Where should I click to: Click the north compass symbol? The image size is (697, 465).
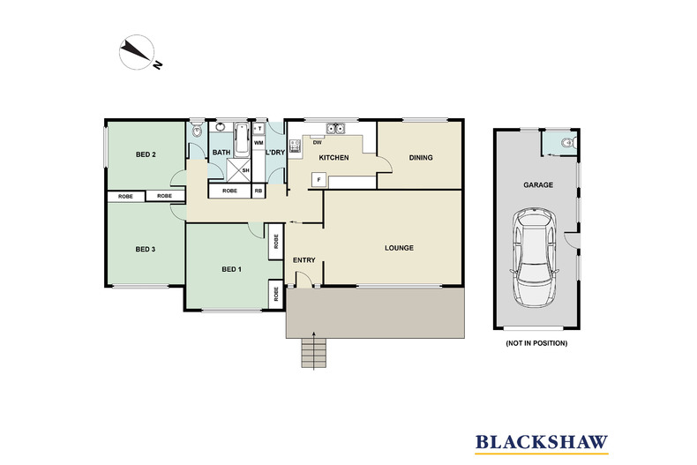tap(139, 53)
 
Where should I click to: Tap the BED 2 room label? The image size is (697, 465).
tap(146, 154)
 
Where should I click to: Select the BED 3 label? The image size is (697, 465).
tap(146, 250)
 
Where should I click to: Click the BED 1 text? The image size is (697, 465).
tap(231, 269)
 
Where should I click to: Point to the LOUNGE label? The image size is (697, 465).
tap(399, 248)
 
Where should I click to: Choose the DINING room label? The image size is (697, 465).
tap(421, 157)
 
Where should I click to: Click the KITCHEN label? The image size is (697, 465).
tap(334, 157)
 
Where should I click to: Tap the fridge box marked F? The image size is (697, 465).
tap(319, 180)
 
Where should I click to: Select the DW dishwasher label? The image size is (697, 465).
tap(318, 143)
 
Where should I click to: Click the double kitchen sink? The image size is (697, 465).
tap(335, 129)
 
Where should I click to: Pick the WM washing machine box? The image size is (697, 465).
tap(259, 143)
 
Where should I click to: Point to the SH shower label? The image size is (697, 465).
tap(245, 170)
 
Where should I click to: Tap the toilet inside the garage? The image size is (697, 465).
tap(567, 143)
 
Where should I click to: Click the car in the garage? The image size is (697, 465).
tap(535, 257)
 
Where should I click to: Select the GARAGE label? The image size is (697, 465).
tap(538, 185)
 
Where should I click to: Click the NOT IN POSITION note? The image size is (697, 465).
tap(536, 343)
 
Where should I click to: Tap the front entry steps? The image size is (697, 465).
tap(314, 353)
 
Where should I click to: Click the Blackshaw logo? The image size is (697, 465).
tap(542, 443)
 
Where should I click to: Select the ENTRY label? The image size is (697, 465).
tap(304, 260)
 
